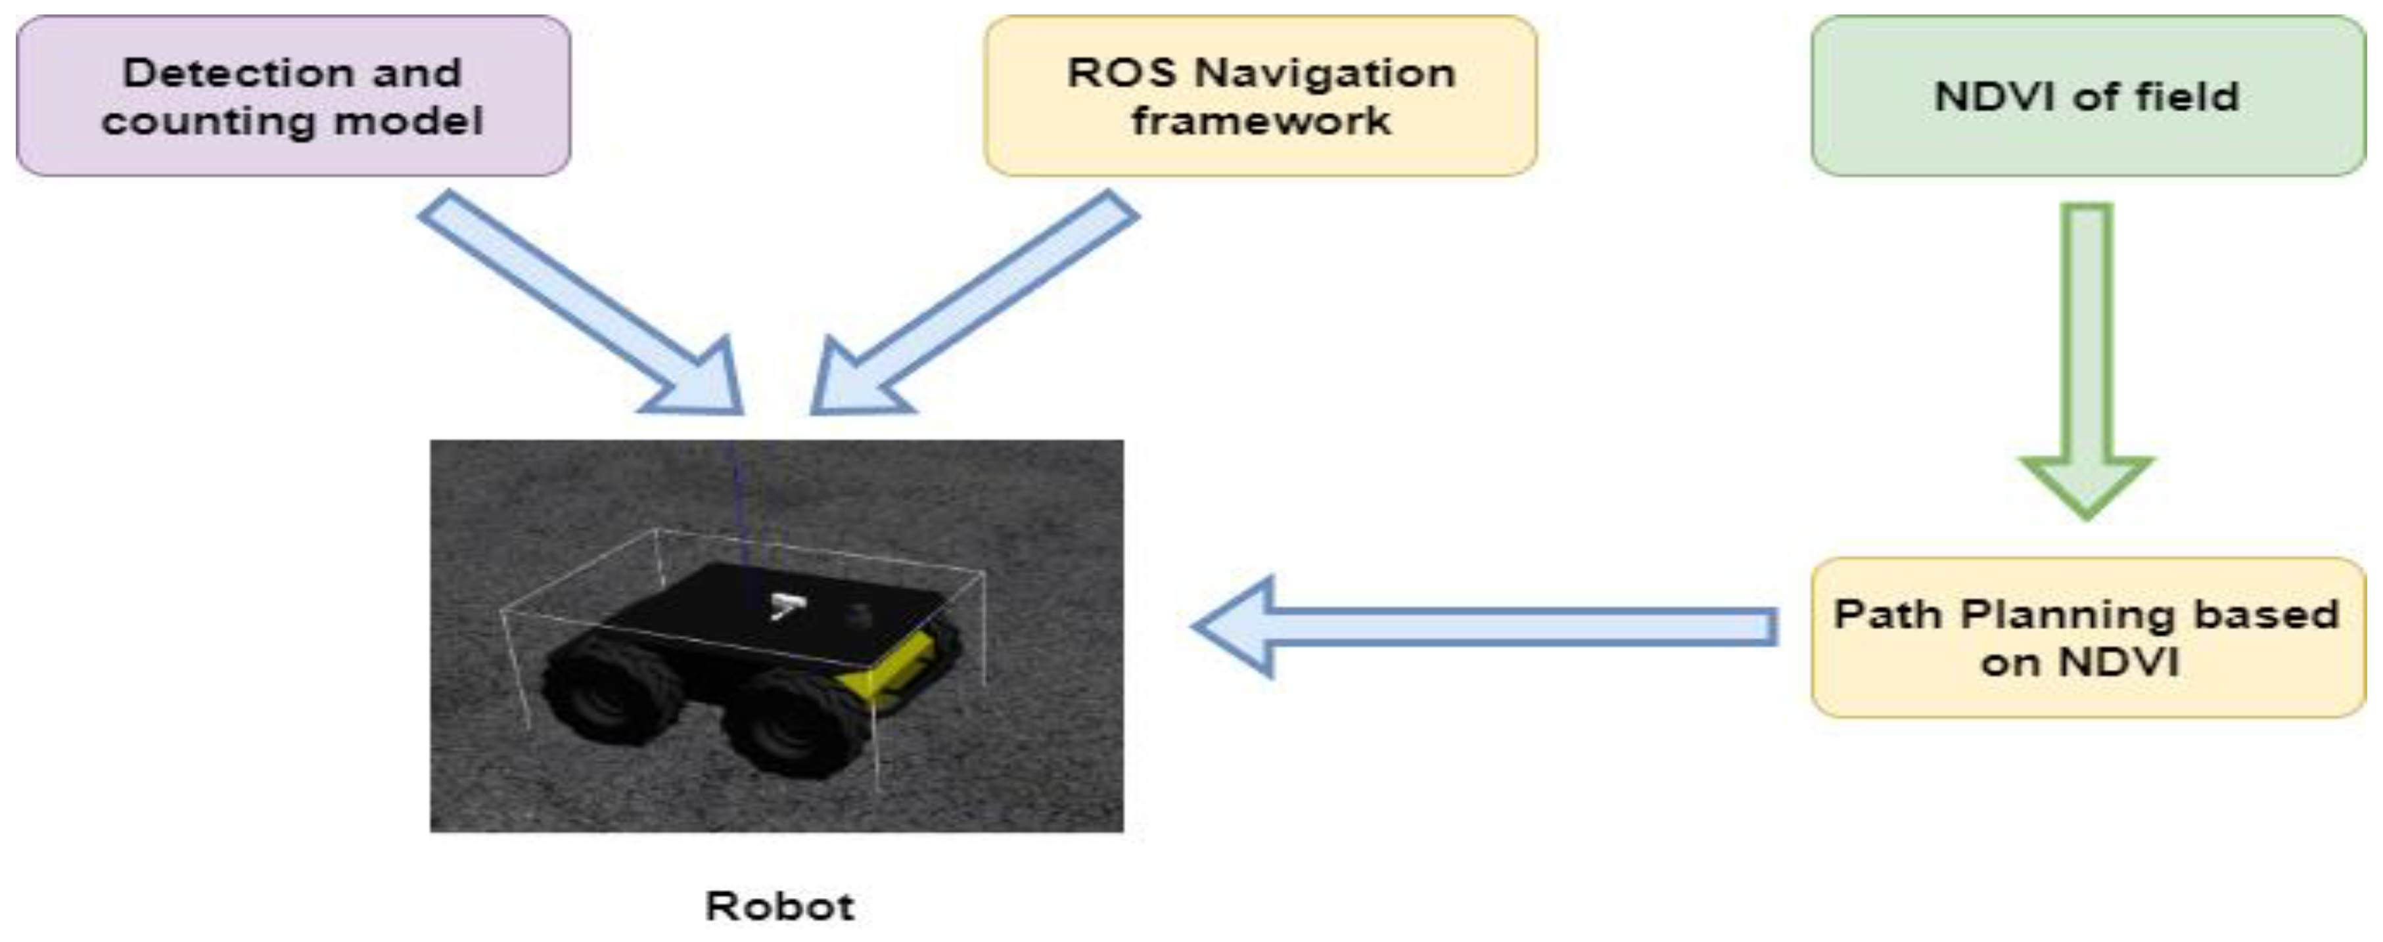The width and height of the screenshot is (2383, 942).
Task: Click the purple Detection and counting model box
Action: pos(292,96)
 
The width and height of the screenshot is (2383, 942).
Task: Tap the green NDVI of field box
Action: pos(2087,96)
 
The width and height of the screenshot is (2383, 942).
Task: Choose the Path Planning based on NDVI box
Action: pos(2087,638)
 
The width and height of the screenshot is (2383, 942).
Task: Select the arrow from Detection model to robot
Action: pos(583,305)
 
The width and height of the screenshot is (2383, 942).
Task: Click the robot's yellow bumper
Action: pos(888,670)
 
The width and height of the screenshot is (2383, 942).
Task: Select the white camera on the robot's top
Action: pos(786,606)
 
